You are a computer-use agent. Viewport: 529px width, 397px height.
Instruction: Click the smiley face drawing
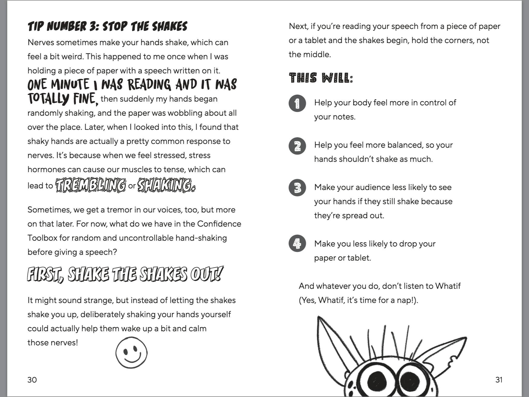point(131,352)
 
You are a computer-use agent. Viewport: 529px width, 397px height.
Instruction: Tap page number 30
point(32,380)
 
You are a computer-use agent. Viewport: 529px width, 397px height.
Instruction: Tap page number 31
point(499,380)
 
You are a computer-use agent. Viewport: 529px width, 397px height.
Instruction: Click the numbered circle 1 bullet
point(297,103)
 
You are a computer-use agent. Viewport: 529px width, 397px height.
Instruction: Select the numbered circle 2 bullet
point(297,146)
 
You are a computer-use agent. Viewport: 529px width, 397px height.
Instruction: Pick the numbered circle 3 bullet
point(297,188)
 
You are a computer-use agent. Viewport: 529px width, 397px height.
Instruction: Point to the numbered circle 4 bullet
point(297,243)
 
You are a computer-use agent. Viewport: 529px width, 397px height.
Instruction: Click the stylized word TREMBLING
point(91,186)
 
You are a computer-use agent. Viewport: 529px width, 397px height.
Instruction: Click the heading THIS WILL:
point(321,78)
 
